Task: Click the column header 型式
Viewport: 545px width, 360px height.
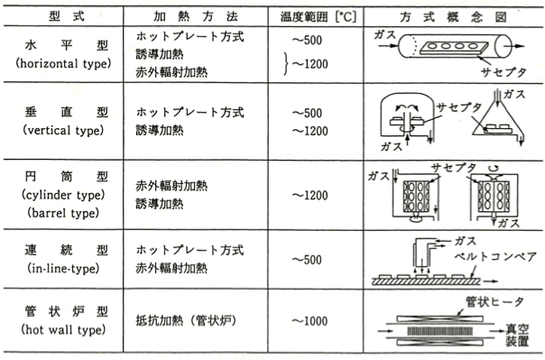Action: coord(67,16)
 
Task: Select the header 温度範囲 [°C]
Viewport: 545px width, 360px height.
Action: coord(318,16)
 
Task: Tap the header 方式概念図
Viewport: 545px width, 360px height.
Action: coord(453,17)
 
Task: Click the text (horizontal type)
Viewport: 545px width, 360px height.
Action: coord(63,63)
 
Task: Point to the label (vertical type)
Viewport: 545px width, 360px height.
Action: coord(63,130)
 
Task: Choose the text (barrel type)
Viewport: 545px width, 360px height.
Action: coord(63,213)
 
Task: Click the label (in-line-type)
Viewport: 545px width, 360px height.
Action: coord(63,268)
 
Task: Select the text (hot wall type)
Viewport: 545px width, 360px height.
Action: coord(63,329)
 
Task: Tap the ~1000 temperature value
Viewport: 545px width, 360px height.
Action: coord(309,320)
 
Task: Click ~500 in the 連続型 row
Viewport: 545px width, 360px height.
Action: coord(307,260)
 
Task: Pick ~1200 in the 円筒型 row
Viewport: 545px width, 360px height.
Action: coord(309,195)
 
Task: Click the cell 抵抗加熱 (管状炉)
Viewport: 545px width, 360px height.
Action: coord(186,320)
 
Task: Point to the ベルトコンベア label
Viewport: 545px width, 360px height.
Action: coord(495,257)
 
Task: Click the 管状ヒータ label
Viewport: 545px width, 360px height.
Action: coord(494,301)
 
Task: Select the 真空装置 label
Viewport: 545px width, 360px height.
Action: coord(517,335)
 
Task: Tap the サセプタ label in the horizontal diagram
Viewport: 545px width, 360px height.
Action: coord(503,72)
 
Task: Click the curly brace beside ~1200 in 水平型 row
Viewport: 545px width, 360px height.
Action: coord(286,63)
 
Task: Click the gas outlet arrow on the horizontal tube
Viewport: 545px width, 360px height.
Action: coord(514,46)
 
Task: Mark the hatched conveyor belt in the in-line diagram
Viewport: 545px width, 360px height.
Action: coord(427,282)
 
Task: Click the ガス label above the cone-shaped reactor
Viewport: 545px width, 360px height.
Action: coord(514,94)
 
